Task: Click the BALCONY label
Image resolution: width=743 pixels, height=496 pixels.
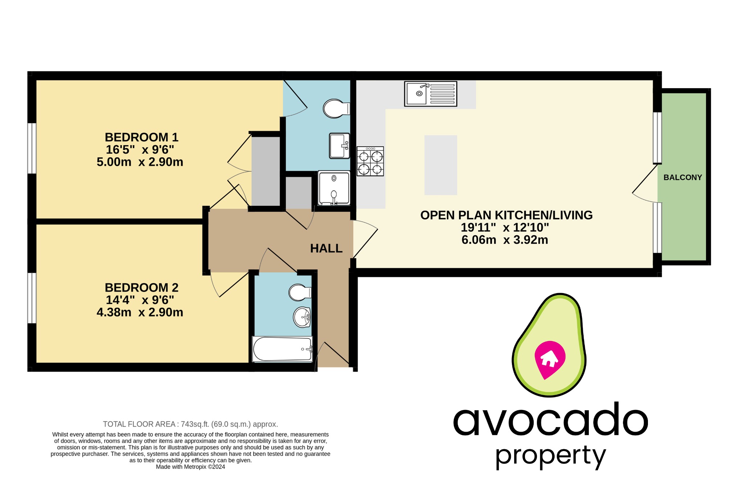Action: coord(682,178)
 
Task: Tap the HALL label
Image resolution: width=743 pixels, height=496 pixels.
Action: coord(326,248)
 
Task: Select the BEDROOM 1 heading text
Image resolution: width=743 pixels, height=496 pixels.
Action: coord(141,137)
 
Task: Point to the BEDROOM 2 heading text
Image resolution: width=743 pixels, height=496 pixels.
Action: coord(141,288)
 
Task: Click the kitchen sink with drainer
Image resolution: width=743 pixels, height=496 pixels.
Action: coord(431,94)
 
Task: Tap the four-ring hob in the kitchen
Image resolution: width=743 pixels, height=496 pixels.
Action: coord(370,161)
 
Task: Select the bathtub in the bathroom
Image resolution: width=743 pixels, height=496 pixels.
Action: coord(282,349)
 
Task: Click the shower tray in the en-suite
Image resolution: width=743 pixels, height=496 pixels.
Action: coord(334,188)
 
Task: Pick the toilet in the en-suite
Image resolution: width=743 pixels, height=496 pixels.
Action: coord(336,109)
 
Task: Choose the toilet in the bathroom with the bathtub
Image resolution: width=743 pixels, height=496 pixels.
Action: coord(299,292)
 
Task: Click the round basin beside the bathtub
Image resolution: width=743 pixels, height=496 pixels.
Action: coord(302,317)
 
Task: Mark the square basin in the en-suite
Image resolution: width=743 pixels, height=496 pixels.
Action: coord(339,146)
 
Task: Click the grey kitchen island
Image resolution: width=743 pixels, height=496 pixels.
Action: coord(440,165)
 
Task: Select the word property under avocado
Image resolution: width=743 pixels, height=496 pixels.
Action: coord(550,456)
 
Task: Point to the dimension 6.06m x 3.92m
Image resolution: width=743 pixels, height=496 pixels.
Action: coord(505,240)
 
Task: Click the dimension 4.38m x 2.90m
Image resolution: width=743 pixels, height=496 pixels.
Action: coord(140,312)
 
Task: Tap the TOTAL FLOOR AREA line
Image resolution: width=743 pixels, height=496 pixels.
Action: coord(190,424)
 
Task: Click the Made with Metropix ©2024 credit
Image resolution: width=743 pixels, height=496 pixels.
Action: coord(190,467)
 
